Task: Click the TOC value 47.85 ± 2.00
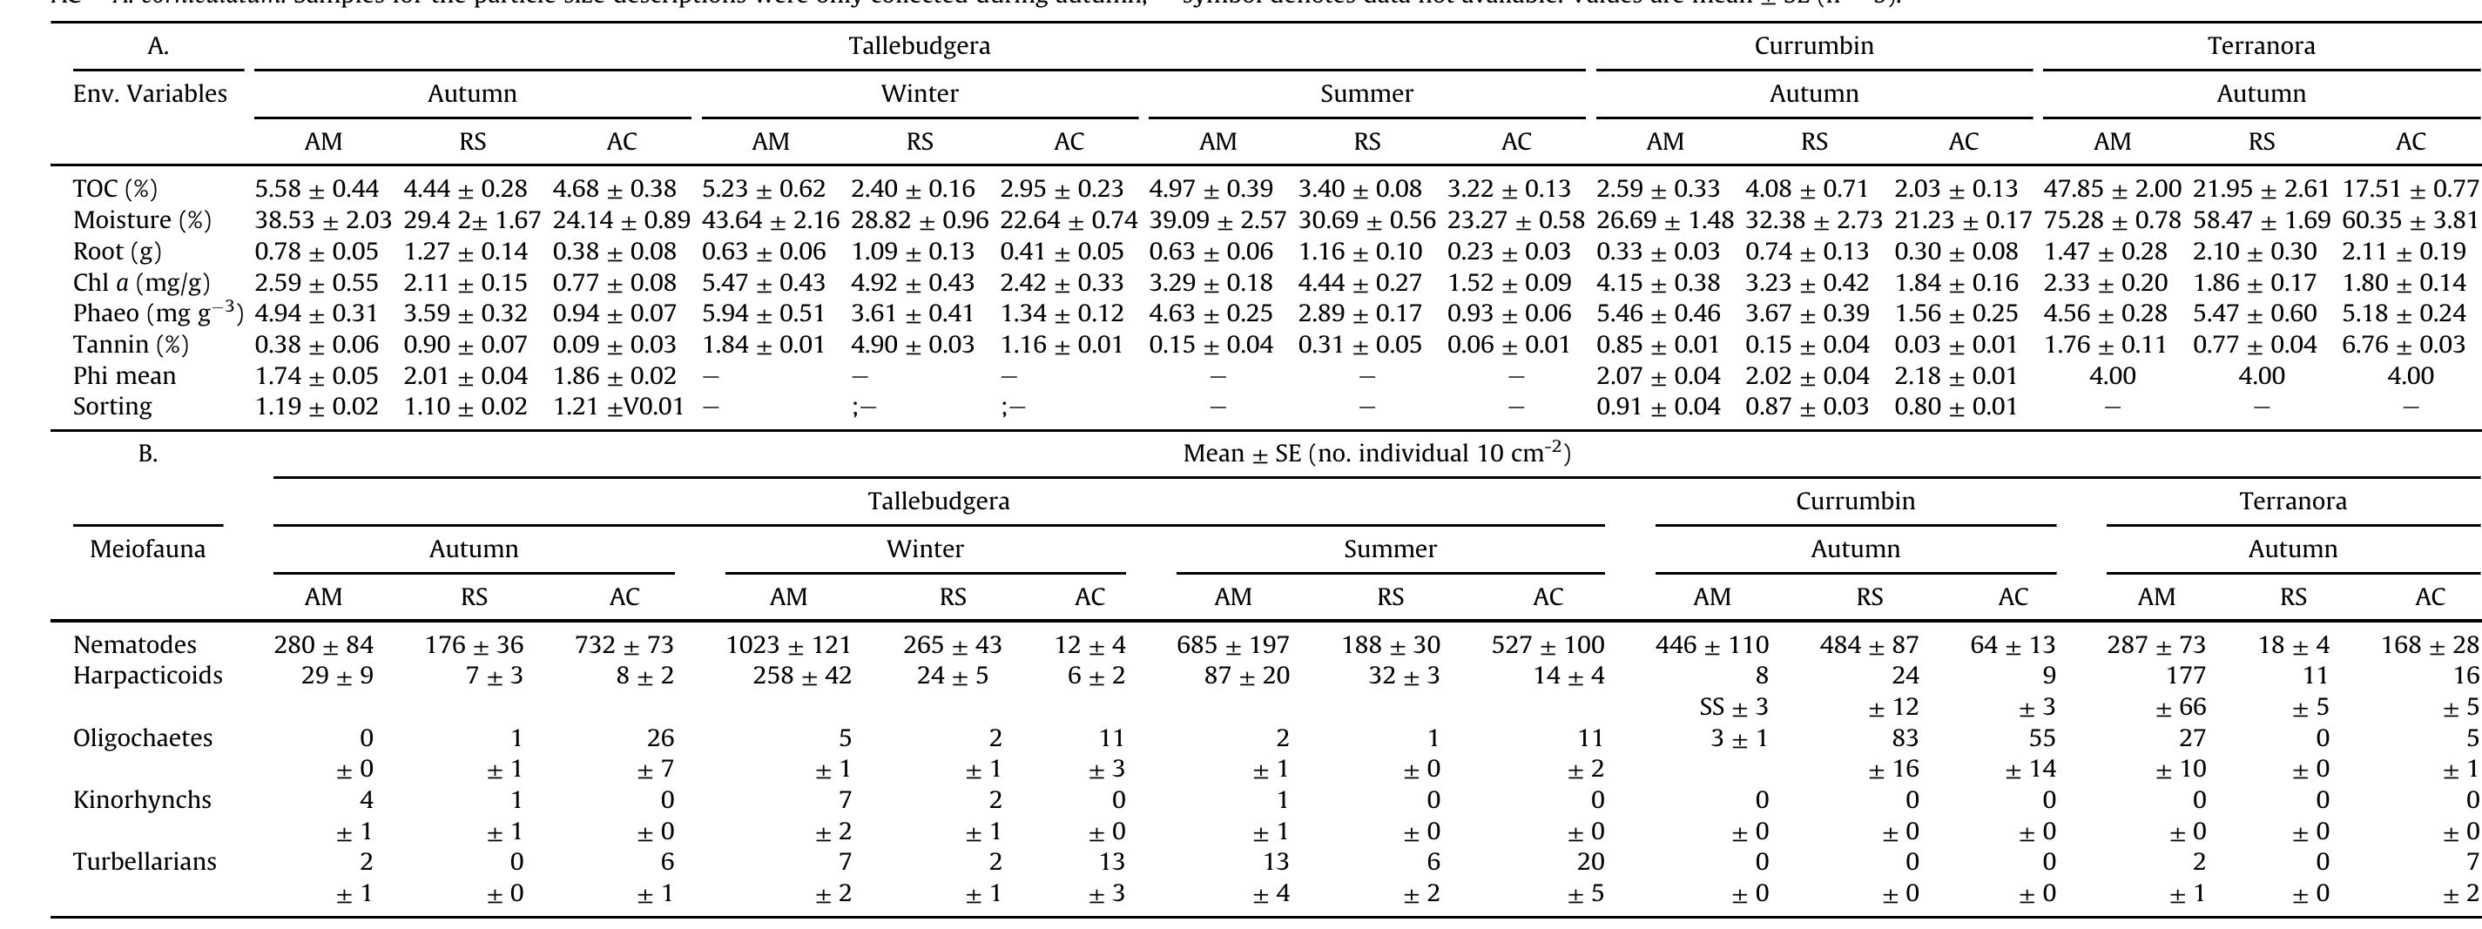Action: point(2112,189)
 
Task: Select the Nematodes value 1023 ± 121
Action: point(788,644)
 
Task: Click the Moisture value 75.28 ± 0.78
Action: point(2112,220)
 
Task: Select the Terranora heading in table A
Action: point(2261,46)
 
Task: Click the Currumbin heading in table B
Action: point(1855,502)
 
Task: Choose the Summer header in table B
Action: point(1389,549)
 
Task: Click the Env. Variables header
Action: point(151,94)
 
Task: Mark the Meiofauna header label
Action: point(147,549)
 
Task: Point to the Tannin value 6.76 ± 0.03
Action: point(2410,344)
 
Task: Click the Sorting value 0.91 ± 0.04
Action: point(1664,407)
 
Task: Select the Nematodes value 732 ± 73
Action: point(624,644)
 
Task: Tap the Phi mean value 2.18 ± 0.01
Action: point(1963,376)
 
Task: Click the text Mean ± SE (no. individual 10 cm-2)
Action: point(1376,454)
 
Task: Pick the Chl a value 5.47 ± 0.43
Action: point(770,283)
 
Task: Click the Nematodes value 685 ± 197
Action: point(1232,644)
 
